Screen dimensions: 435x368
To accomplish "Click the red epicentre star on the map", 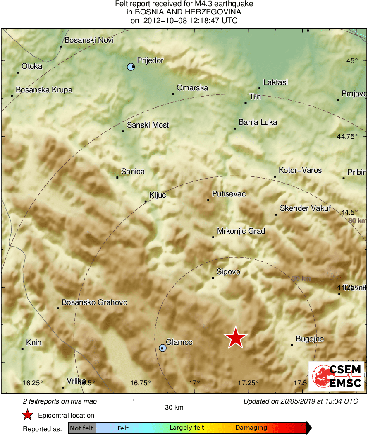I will [235, 338].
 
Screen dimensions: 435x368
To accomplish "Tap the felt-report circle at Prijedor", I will [131, 67].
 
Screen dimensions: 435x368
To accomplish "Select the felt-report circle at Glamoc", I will [162, 348].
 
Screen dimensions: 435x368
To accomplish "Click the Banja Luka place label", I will [258, 122].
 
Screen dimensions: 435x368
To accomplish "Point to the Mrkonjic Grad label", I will [241, 231].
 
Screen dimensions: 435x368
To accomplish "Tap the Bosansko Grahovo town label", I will [94, 302].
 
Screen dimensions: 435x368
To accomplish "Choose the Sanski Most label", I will [148, 125].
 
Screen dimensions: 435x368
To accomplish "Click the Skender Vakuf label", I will [305, 208].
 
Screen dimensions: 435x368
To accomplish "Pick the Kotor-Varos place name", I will [300, 170].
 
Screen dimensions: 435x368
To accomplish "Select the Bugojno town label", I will [309, 339].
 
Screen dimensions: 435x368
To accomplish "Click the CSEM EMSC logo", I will [336, 376].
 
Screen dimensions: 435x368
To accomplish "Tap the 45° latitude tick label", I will [352, 60].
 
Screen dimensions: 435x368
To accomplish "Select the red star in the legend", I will [27, 415].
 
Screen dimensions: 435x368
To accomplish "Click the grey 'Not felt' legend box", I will [81, 428].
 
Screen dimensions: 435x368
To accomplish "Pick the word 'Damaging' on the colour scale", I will [251, 428].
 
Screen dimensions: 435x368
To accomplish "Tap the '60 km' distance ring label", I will [357, 221].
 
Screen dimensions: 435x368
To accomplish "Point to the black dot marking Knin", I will [22, 349].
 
